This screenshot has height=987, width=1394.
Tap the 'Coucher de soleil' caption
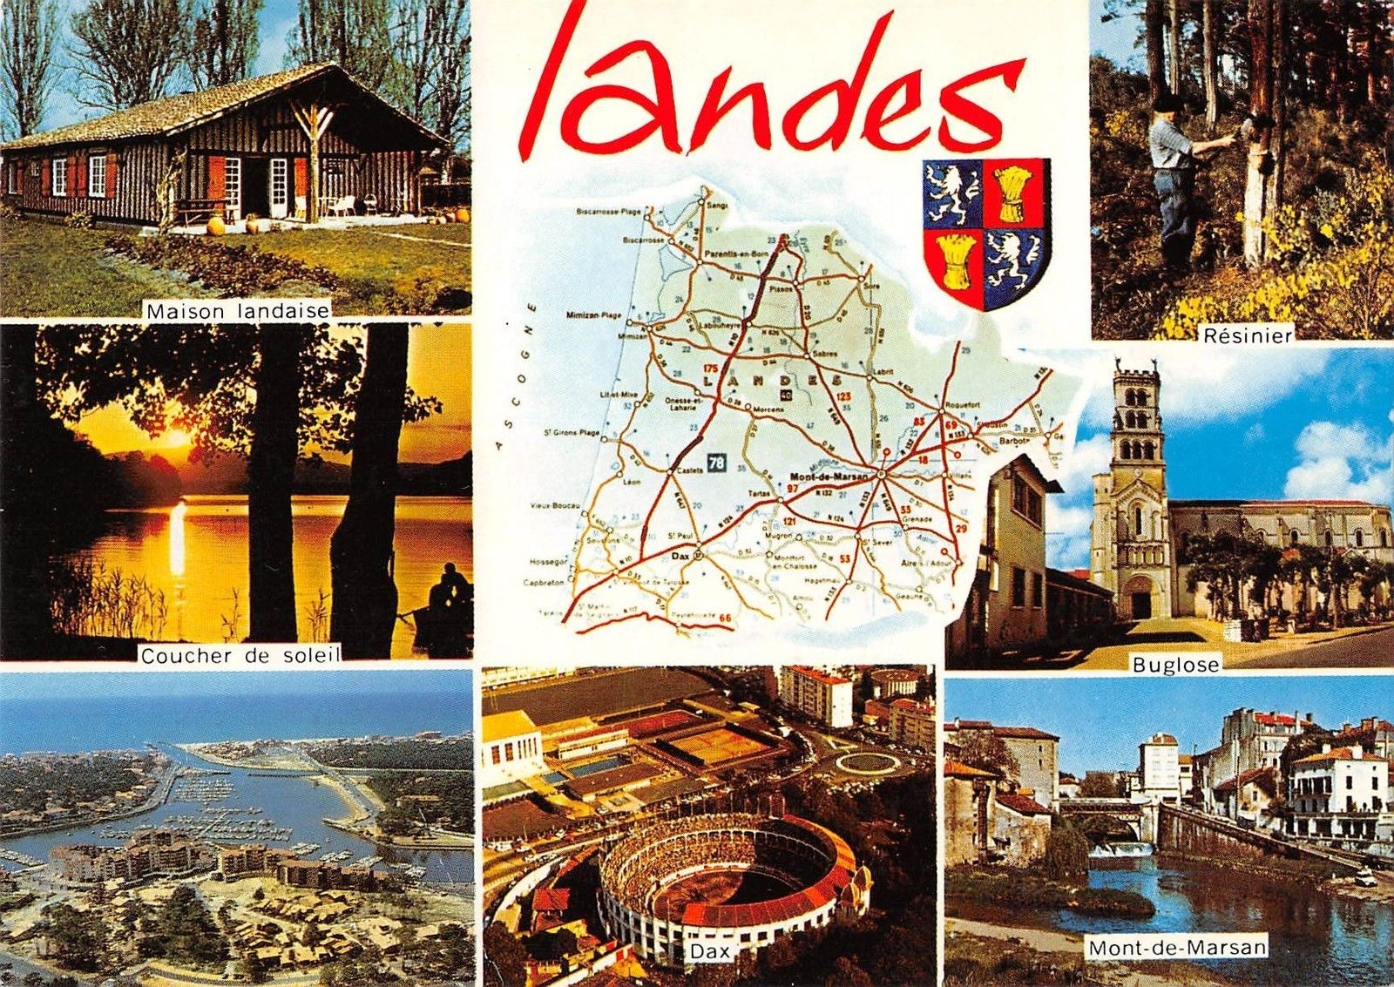[x=240, y=656]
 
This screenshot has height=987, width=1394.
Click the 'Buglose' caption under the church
[x=1174, y=665]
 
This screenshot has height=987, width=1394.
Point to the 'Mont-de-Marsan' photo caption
[x=1176, y=946]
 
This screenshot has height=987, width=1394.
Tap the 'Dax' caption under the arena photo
[x=709, y=952]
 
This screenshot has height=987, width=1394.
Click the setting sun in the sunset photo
[x=177, y=436]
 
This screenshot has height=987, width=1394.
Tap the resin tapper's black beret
[x=1168, y=103]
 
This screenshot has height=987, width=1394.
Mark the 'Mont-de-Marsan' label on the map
[x=830, y=476]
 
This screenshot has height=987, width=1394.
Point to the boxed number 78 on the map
[x=716, y=463]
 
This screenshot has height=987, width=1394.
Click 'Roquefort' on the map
[x=960, y=404]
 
